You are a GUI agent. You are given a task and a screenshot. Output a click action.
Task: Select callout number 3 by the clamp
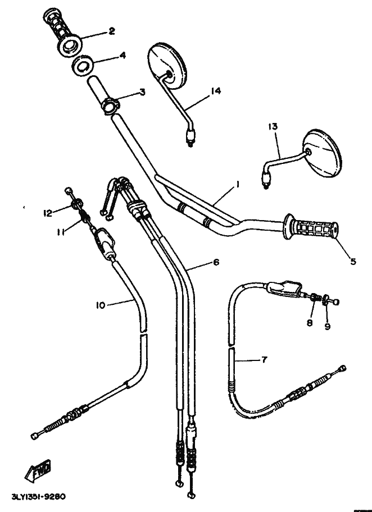[142, 92]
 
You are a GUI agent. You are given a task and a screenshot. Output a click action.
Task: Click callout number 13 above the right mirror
[273, 128]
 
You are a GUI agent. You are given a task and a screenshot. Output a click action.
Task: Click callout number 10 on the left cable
[100, 306]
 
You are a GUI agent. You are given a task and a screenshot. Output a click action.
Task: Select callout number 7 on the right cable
[264, 360]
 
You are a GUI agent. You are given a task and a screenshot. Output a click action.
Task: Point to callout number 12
[48, 212]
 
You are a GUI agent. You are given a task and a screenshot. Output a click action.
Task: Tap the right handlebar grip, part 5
[311, 229]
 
